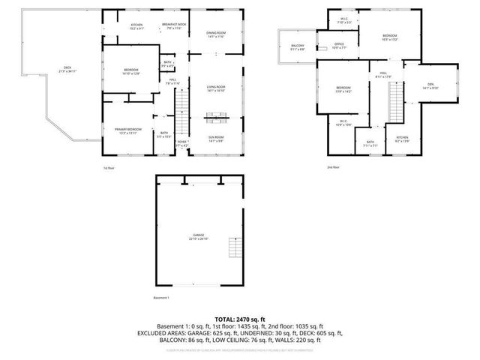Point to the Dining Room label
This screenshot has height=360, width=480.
pos(216,35)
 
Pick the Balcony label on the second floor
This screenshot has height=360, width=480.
pos(298,47)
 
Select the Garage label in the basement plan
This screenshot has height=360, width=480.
pos(199,238)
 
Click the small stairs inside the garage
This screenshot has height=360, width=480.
pos(236,248)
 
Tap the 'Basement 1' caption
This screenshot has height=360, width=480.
pos(161,298)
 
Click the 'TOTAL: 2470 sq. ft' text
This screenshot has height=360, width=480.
pos(240,319)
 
